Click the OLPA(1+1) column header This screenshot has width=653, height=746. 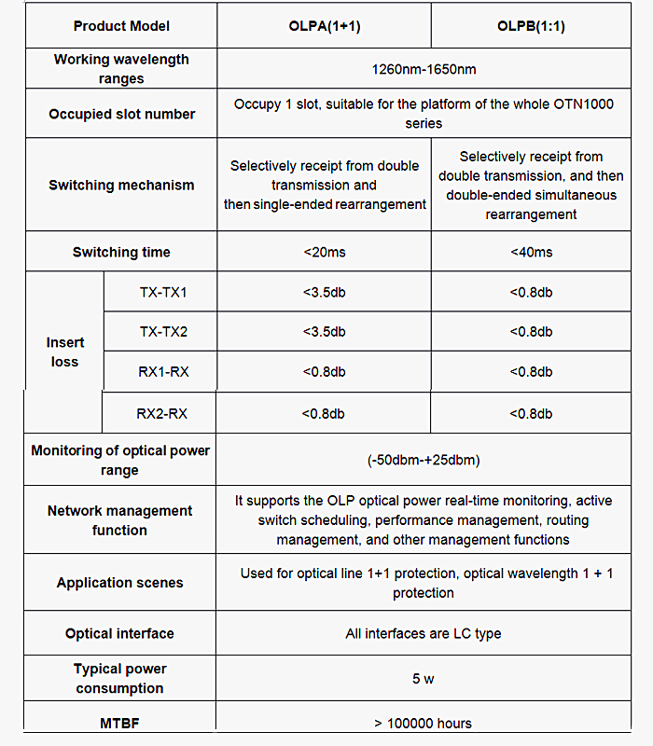click(x=324, y=25)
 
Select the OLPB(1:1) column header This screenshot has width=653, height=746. click(x=531, y=25)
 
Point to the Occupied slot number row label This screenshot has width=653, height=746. click(x=121, y=114)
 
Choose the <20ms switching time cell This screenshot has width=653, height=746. click(x=324, y=252)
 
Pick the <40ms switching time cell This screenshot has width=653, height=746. click(x=531, y=252)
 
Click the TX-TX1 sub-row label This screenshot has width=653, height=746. click(x=162, y=293)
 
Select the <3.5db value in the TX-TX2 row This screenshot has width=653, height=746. click(x=324, y=332)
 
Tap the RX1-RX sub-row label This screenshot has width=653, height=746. click(x=162, y=372)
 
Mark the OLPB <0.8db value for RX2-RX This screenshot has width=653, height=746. click(x=531, y=413)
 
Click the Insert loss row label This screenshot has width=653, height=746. click(x=64, y=352)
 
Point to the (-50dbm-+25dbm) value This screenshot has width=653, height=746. click(x=424, y=460)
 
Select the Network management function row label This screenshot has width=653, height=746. click(x=119, y=520)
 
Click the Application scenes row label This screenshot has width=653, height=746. click(x=119, y=583)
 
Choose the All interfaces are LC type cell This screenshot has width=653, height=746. click(x=424, y=633)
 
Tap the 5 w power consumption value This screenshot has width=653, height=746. click(x=424, y=679)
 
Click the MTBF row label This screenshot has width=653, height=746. click(x=119, y=723)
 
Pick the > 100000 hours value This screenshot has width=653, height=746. click(x=424, y=723)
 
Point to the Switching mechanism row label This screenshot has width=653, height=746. click(x=121, y=185)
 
